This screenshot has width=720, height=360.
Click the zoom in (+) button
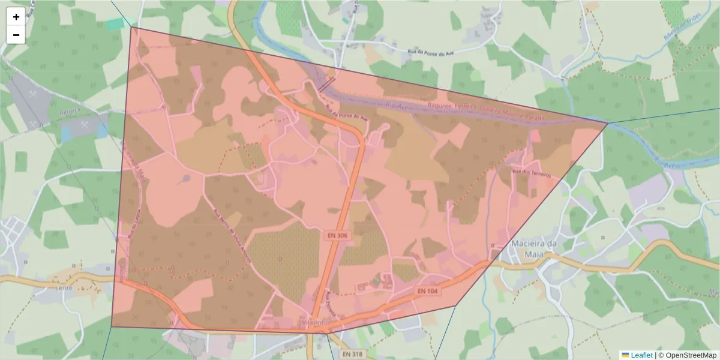tap(16, 17)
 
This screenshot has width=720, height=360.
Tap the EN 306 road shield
tap(337, 236)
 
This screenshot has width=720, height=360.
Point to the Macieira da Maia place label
tap(535, 248)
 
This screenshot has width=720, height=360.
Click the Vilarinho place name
tap(317, 322)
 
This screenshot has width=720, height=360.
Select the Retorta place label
tap(70, 112)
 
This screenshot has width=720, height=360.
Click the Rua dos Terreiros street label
tap(531, 173)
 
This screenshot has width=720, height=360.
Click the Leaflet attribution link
tap(641, 355)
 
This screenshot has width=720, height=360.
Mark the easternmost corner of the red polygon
tap(608, 123)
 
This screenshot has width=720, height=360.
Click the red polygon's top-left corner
tap(131, 27)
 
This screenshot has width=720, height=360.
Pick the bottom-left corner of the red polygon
tap(112, 326)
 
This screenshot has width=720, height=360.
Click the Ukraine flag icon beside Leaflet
tap(625, 355)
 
